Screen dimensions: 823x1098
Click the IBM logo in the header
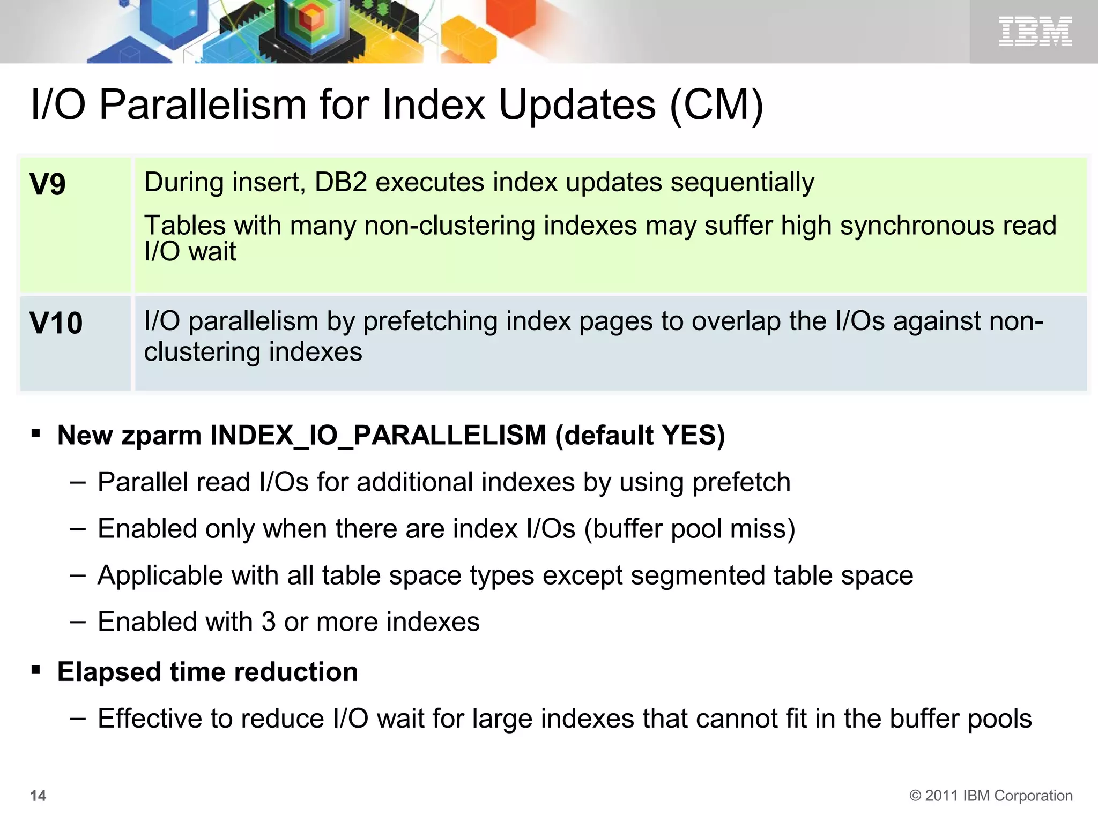click(1035, 31)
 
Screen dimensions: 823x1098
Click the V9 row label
click(48, 185)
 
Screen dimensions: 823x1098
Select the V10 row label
click(56, 324)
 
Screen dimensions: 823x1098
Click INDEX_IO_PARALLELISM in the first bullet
click(378, 435)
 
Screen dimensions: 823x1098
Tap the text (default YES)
click(640, 435)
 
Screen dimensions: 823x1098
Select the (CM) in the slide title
click(716, 105)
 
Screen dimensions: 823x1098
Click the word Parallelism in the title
click(203, 105)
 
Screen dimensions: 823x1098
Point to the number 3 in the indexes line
click(269, 622)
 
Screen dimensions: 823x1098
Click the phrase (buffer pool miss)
click(689, 529)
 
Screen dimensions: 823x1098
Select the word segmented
click(698, 575)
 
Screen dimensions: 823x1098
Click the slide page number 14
click(38, 796)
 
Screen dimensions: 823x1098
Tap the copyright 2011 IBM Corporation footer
click(991, 796)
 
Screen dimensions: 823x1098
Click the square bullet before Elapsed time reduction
click(36, 670)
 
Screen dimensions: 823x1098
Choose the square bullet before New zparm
click(36, 433)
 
